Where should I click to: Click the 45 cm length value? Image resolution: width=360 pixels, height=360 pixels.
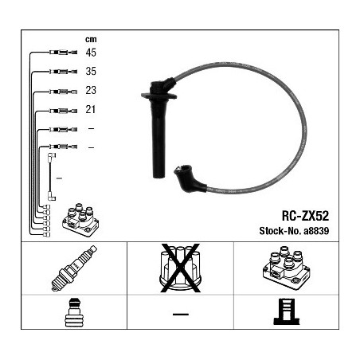pos(91,53)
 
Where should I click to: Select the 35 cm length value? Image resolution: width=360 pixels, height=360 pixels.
pos(91,71)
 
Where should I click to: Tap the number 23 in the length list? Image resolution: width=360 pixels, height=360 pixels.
pos(91,90)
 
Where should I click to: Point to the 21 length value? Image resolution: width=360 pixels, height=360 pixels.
pos(90,109)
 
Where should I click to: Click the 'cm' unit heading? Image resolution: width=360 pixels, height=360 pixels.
pos(91,39)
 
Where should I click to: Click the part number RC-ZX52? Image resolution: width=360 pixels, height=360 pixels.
pos(305,216)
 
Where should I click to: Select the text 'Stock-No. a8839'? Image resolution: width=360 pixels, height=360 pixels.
pos(294,231)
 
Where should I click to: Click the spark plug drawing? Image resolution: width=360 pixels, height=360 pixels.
pos(74,268)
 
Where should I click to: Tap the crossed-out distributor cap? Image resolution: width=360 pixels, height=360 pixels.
pos(180,268)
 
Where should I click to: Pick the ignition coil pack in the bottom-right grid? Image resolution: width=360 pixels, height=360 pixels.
pos(287,268)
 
